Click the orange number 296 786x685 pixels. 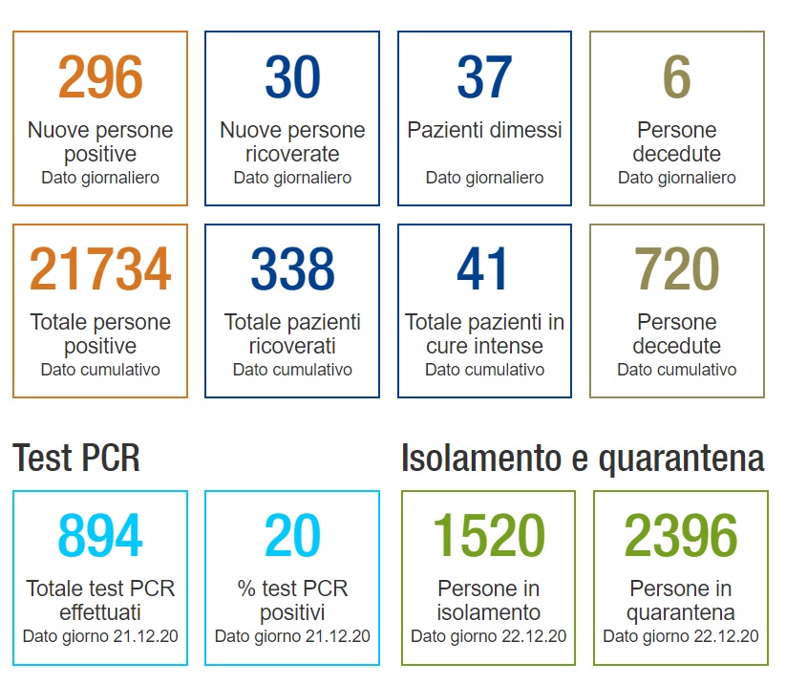[x=100, y=77]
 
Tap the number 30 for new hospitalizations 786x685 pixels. [x=292, y=77]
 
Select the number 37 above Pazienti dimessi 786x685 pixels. [x=484, y=77]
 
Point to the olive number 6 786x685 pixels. [x=676, y=77]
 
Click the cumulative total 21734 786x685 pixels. [x=100, y=269]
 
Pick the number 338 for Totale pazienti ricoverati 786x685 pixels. [x=292, y=269]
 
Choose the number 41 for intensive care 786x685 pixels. [x=484, y=269]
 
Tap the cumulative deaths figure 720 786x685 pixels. [x=676, y=269]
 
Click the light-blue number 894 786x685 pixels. [x=100, y=536]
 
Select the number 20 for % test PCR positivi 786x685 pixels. [x=292, y=536]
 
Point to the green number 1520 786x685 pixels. [x=488, y=536]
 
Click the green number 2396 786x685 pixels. [x=680, y=536]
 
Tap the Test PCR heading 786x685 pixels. [x=76, y=460]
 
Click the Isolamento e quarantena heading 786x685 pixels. [x=583, y=460]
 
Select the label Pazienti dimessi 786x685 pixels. [x=484, y=130]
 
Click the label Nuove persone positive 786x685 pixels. [x=100, y=141]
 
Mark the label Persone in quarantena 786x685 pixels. [x=680, y=600]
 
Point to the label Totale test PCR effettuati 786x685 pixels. [x=100, y=600]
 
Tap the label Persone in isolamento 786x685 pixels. [x=488, y=600]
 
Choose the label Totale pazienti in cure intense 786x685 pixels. [x=484, y=333]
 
